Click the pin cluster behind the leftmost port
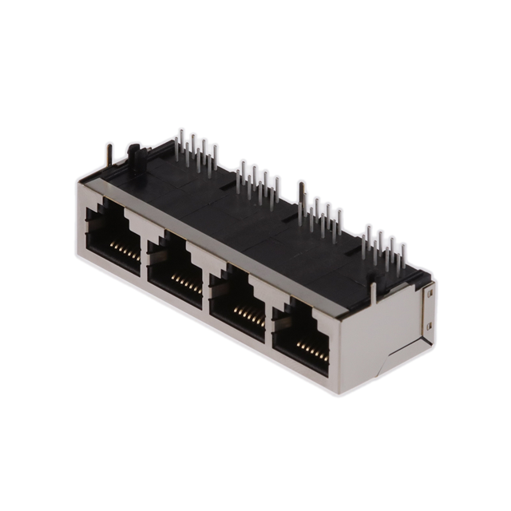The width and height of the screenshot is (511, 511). [195, 152]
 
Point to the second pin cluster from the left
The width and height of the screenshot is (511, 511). [257, 184]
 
